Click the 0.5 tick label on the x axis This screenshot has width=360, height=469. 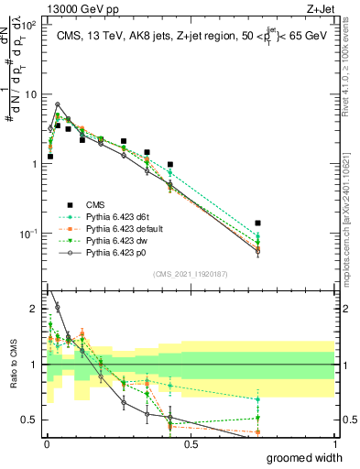(x=191, y=444)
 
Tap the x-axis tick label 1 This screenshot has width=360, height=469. (x=334, y=444)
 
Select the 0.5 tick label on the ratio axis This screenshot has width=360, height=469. (x=30, y=420)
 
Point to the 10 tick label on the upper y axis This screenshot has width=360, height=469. (x=30, y=94)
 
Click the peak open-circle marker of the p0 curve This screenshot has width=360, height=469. (x=58, y=104)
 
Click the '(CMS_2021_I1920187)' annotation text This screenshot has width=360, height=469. (x=191, y=272)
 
